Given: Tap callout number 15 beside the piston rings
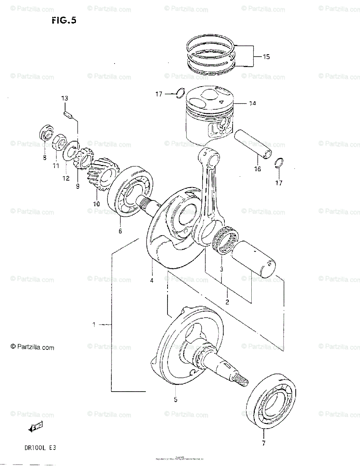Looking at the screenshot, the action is click(266, 57).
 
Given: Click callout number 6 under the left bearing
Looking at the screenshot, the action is click(120, 231).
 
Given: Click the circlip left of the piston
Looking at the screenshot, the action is click(180, 94).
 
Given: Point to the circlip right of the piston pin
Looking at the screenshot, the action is click(279, 163).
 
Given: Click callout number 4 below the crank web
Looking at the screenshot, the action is click(152, 280).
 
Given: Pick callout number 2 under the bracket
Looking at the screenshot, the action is click(227, 301).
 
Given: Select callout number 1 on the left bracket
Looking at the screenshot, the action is click(94, 324).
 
